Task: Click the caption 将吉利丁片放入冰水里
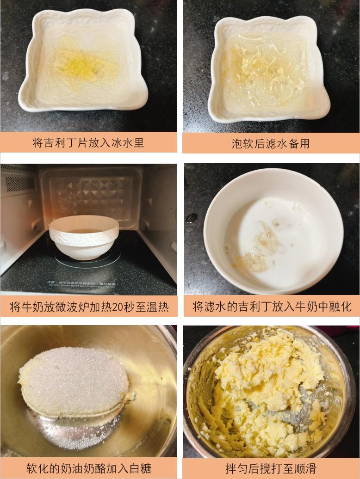pos(88,142)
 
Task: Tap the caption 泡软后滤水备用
pos(271,143)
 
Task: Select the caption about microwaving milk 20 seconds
pos(89,306)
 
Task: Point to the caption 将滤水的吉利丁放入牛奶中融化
pos(272,306)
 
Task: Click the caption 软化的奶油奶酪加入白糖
pos(88,468)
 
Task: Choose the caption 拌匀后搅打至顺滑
pos(271,468)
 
